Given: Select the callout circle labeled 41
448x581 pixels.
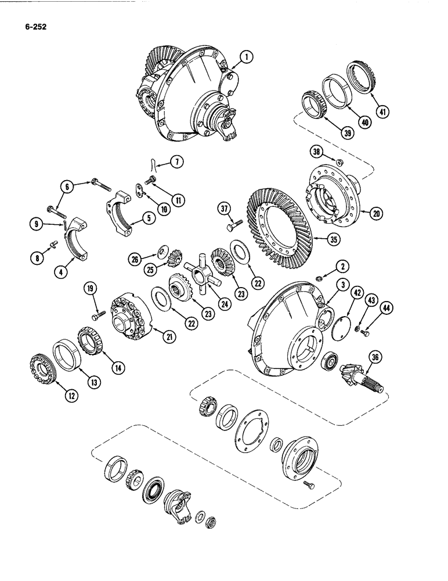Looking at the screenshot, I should [382, 112].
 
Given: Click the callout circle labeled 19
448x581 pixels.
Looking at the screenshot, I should [91, 286].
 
